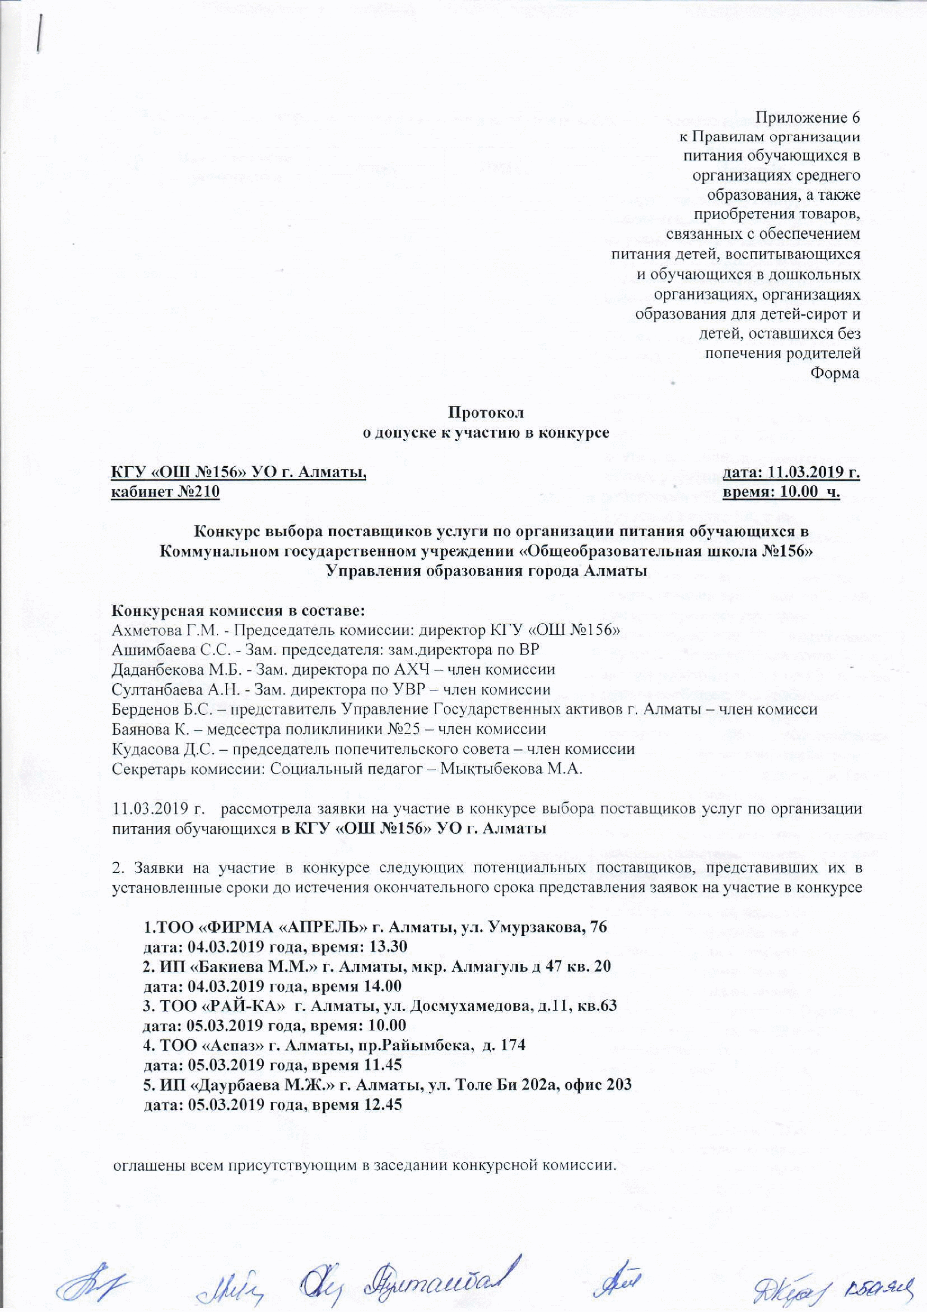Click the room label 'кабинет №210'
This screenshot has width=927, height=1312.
tap(165, 492)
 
